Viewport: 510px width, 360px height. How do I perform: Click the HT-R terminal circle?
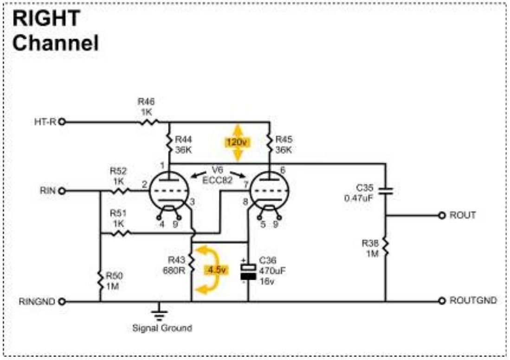click(x=62, y=122)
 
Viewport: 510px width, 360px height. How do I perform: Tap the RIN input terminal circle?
click(x=62, y=191)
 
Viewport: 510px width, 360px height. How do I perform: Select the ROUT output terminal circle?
click(x=442, y=215)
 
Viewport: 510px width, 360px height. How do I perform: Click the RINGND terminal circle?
click(x=62, y=302)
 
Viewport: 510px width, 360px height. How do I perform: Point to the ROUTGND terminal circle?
click(x=442, y=301)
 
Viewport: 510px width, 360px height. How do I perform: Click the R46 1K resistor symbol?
click(x=149, y=122)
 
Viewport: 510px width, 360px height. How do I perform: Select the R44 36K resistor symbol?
click(x=169, y=144)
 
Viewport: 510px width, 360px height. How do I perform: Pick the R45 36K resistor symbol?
click(x=270, y=144)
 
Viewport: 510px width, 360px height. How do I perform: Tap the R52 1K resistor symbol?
click(x=121, y=191)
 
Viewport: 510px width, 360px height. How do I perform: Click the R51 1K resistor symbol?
click(x=121, y=233)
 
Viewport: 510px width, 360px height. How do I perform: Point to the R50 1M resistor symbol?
click(x=101, y=281)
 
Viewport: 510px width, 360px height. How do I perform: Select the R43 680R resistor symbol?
click(x=192, y=264)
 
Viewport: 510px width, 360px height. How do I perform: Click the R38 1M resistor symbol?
click(x=386, y=247)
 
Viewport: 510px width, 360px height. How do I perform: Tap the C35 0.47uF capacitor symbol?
click(x=386, y=191)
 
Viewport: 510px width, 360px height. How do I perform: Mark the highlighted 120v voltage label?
click(x=238, y=142)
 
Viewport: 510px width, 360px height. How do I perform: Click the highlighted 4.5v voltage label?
click(x=216, y=270)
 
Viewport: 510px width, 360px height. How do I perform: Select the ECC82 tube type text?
click(x=217, y=180)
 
